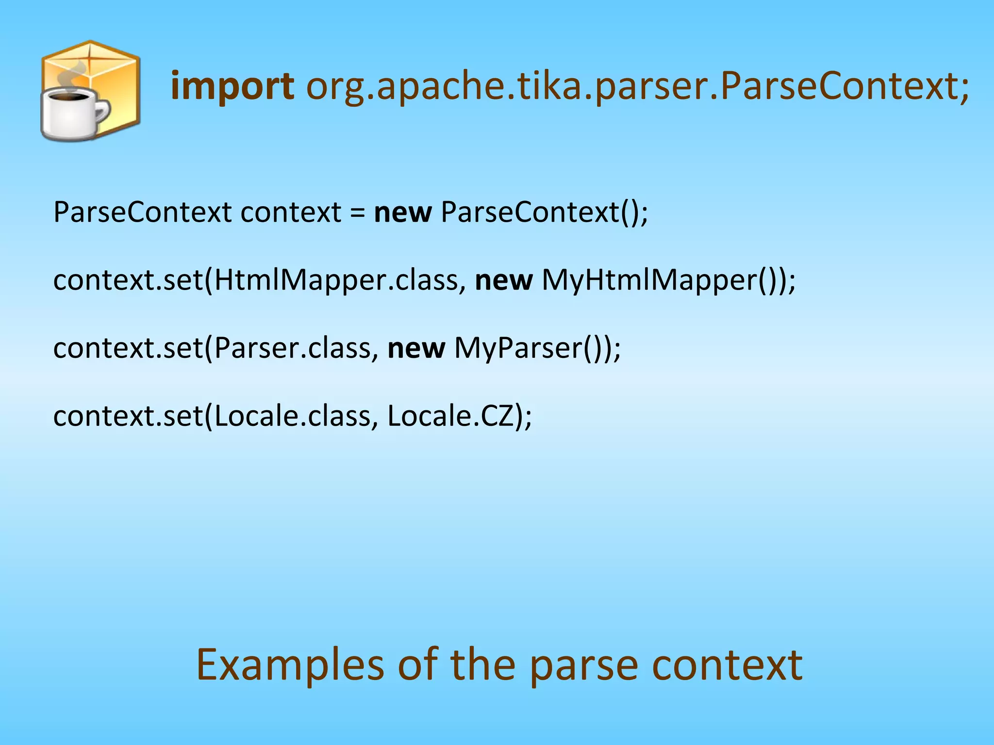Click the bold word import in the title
[x=232, y=86]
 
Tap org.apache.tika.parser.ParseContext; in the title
[x=637, y=86]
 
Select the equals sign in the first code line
[x=358, y=212]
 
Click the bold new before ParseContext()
[x=403, y=212]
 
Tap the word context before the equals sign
[x=291, y=212]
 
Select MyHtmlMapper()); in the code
[x=668, y=280]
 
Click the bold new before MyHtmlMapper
[x=503, y=280]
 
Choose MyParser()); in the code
[x=537, y=348]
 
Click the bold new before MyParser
[x=416, y=348]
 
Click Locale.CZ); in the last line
[x=460, y=416]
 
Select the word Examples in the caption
[x=290, y=665]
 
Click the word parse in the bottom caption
[x=583, y=665]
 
